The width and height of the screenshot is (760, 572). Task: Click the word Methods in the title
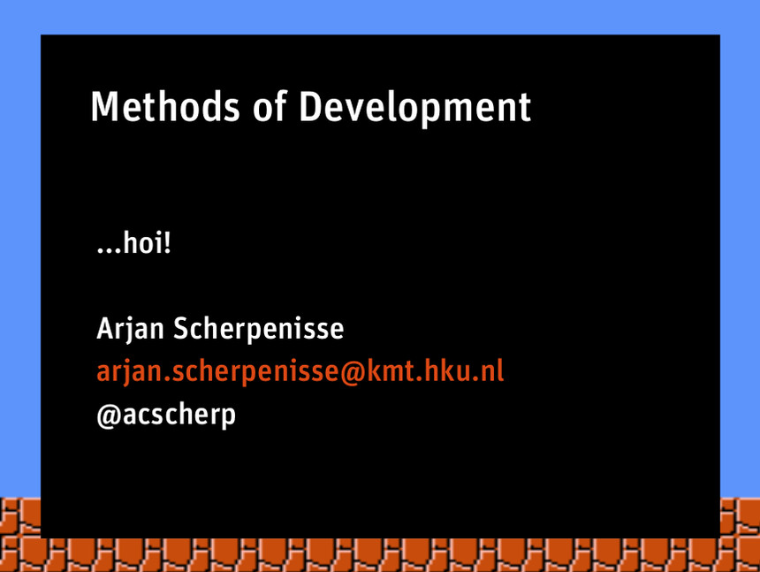click(x=165, y=107)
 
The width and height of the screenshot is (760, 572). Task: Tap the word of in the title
click(x=270, y=106)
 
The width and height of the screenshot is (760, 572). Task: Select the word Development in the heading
click(x=414, y=109)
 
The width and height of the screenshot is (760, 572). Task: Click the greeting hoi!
click(x=147, y=242)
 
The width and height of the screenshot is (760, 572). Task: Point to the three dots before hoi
click(x=109, y=250)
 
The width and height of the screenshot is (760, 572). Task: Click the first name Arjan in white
click(x=131, y=329)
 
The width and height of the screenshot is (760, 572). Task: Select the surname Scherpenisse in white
click(x=258, y=329)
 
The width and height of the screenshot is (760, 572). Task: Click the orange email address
click(x=300, y=372)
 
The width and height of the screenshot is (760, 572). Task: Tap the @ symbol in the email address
click(x=353, y=373)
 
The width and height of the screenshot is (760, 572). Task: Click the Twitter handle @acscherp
click(x=166, y=416)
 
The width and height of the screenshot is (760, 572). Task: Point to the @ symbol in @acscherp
click(x=109, y=416)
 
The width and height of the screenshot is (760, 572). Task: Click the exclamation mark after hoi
click(x=167, y=242)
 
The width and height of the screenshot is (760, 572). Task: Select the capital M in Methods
click(x=105, y=107)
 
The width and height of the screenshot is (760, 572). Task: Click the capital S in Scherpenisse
click(x=180, y=329)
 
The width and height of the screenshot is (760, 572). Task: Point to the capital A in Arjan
click(x=105, y=329)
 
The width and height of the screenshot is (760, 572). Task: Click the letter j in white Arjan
click(x=128, y=331)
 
